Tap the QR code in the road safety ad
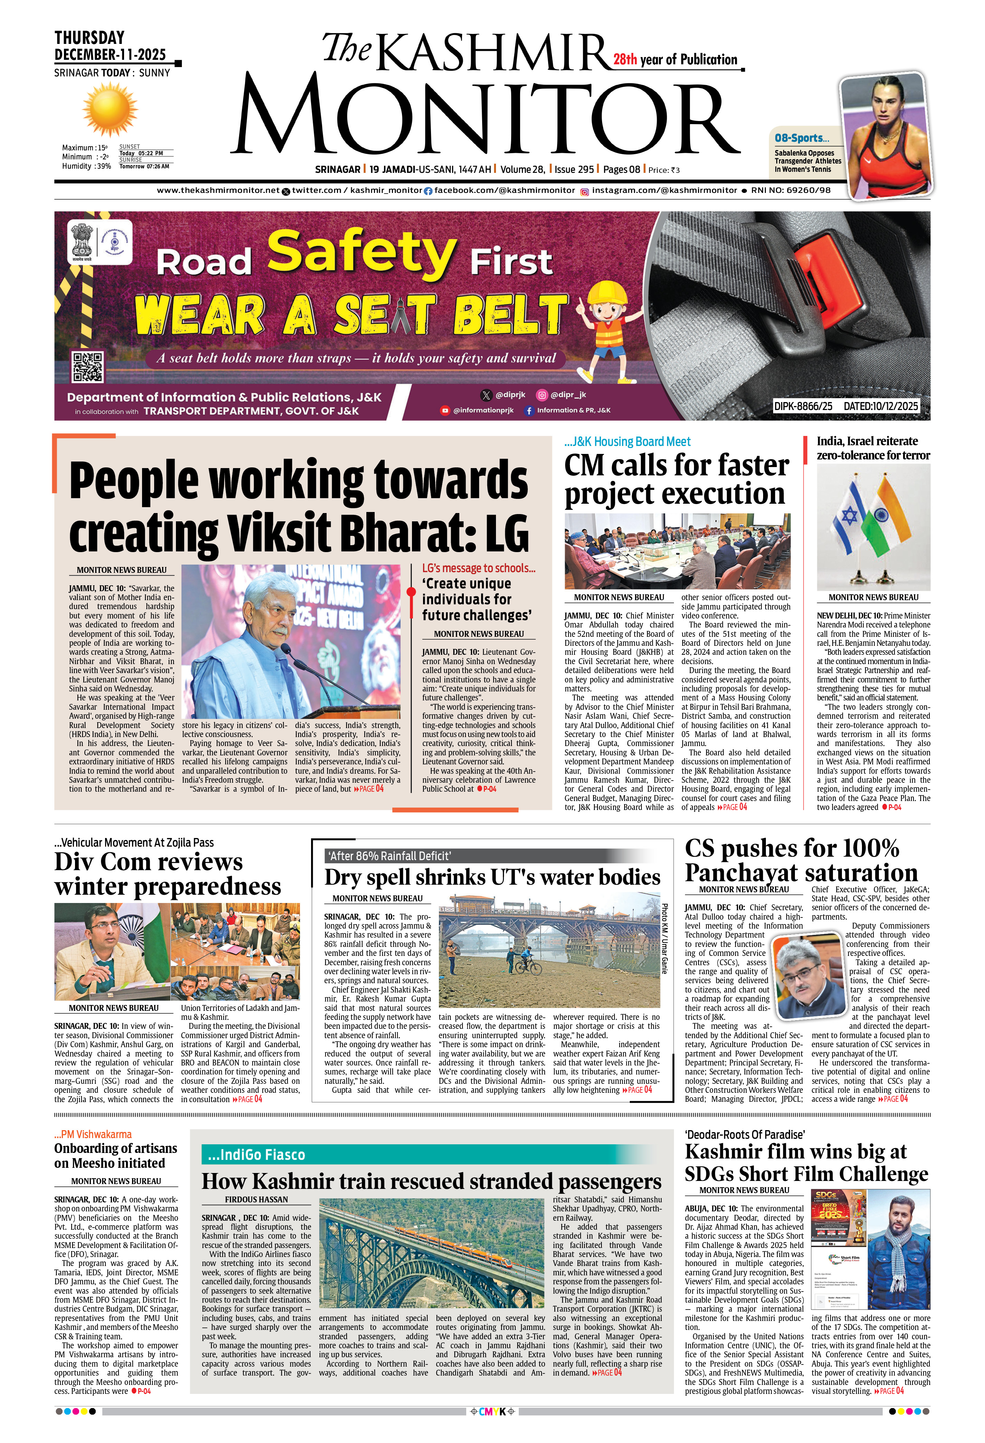[87, 367]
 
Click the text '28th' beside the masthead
[625, 59]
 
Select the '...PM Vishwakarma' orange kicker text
[93, 1134]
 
